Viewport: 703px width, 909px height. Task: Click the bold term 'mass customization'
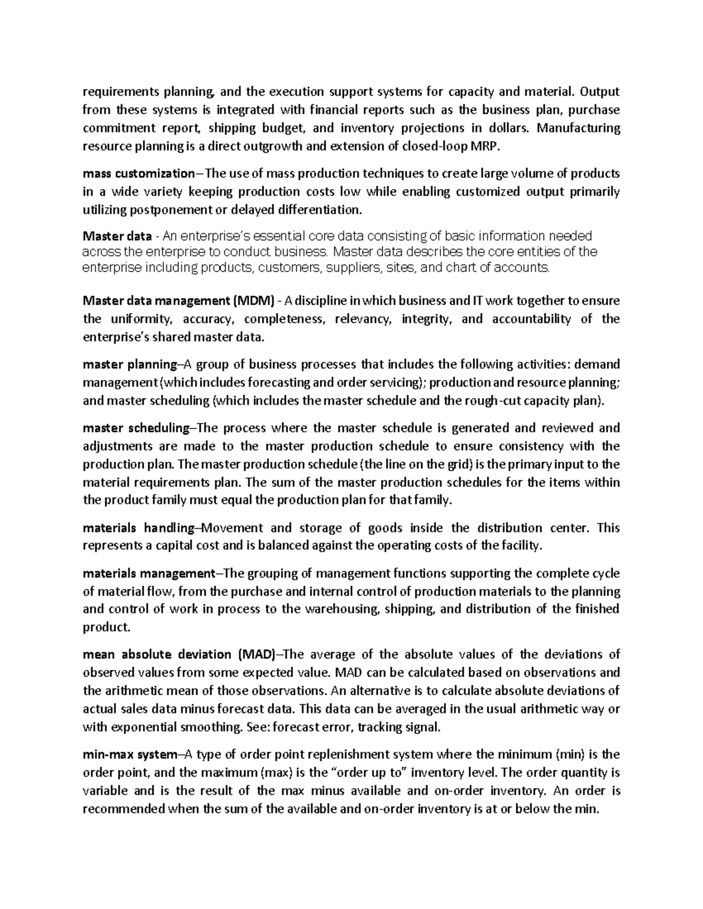(138, 173)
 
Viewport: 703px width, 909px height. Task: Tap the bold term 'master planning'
(129, 365)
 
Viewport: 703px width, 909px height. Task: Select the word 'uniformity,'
(138, 319)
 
